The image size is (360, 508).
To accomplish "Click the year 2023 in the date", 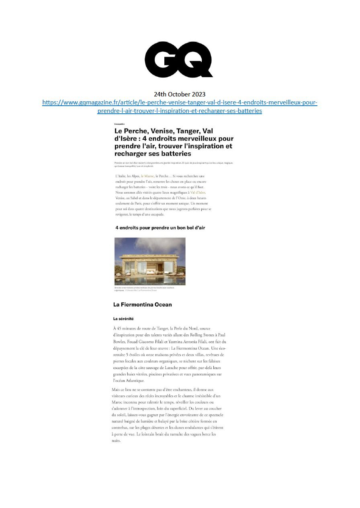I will pos(197,94).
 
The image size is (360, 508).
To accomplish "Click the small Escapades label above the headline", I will pos(119,124).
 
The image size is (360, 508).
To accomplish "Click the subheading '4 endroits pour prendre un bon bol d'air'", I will pos(160,228).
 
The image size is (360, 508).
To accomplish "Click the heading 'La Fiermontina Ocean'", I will pos(143,305).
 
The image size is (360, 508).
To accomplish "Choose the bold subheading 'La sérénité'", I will pos(123,319).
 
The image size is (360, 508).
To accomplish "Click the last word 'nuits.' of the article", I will pos(116,441).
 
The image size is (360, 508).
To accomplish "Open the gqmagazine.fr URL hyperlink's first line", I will pos(180,102).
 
